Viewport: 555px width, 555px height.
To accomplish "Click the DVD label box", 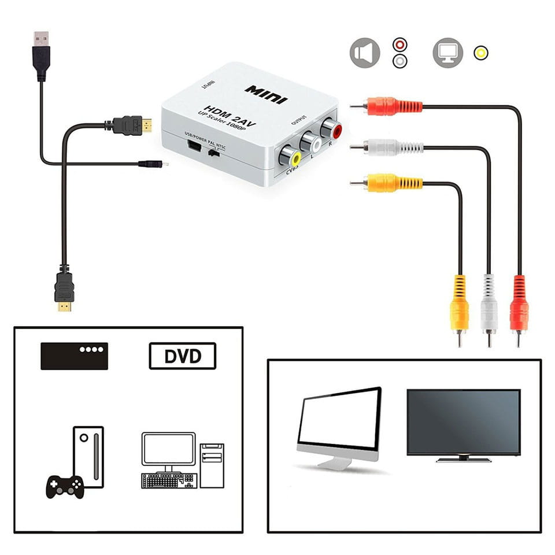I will click(182, 356).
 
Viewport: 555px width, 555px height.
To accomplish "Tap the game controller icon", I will click(64, 486).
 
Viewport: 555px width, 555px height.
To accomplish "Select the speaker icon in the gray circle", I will click(364, 53).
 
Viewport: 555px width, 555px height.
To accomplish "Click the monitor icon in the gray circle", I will click(447, 53).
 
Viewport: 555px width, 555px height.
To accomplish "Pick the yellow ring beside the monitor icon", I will click(480, 53).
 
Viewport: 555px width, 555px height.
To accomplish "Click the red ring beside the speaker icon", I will click(399, 45).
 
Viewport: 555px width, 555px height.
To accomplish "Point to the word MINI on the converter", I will click(265, 94).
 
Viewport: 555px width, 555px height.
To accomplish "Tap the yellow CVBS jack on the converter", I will click(289, 156).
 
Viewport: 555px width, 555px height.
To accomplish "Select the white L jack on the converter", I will click(310, 142).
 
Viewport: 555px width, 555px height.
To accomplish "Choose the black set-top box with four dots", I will click(74, 356).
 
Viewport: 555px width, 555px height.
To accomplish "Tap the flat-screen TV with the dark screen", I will click(463, 424).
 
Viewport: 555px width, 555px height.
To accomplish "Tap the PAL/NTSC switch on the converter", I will click(214, 154).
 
